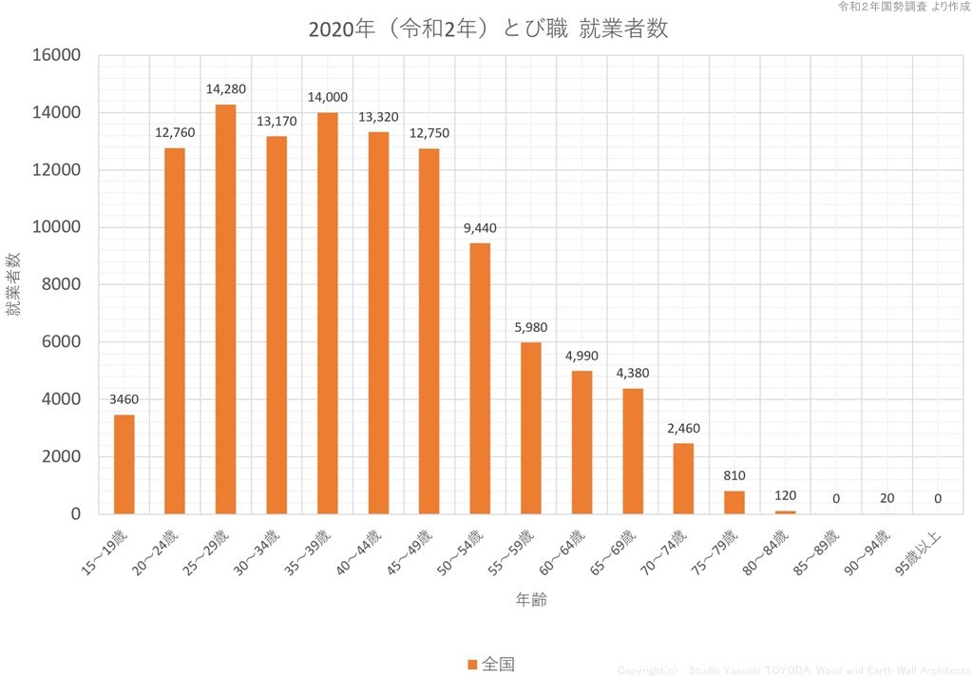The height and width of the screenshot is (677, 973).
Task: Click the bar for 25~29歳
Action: (225, 309)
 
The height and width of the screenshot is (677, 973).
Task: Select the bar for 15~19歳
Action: (124, 464)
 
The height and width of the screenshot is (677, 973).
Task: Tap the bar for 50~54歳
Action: (480, 378)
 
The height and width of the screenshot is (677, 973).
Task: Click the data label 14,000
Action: (327, 97)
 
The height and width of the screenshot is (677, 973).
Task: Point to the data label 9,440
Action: (480, 228)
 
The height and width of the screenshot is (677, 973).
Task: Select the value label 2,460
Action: (683, 429)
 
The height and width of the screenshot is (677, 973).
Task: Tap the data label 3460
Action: (124, 399)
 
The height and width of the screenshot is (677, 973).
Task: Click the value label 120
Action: (785, 495)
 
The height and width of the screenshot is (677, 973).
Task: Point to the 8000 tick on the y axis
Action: (62, 284)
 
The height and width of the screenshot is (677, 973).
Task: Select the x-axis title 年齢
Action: (530, 599)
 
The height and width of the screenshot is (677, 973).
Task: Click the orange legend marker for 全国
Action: (472, 664)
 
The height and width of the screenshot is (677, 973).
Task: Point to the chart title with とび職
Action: (488, 29)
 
